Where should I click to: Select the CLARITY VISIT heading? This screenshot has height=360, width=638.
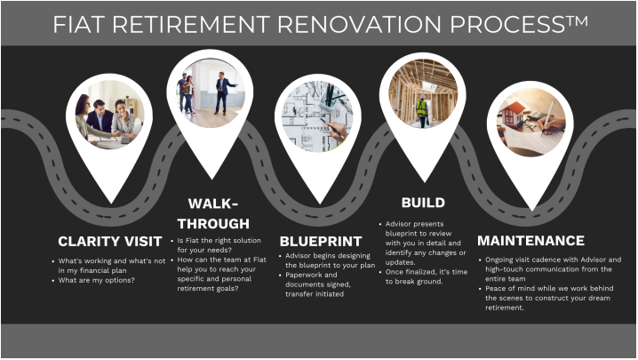coord(109,241)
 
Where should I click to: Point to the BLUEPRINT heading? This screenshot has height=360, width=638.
coord(321,241)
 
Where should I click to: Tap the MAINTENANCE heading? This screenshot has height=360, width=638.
coord(530,240)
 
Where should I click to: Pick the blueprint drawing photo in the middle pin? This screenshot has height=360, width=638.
coord(317,115)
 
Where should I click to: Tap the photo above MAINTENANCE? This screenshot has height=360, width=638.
coord(530,121)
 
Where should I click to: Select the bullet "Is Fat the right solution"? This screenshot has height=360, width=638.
coord(216,245)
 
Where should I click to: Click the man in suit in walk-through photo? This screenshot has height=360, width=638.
coord(222,92)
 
